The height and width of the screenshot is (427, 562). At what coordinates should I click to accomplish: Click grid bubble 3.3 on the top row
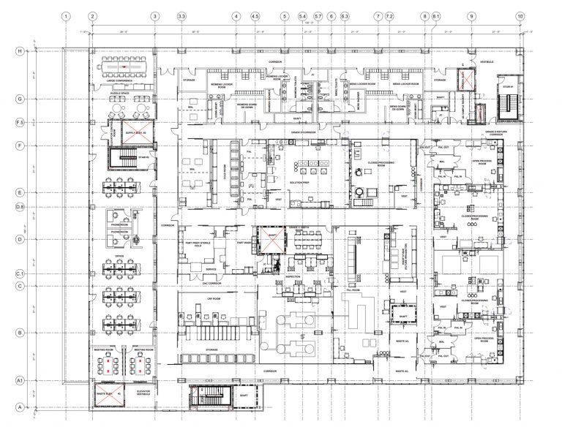pyautogui.click(x=181, y=15)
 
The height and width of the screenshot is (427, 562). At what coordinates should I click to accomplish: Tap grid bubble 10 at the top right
pyautogui.click(x=520, y=15)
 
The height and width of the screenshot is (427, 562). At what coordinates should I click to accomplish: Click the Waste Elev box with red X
pyautogui.click(x=108, y=393)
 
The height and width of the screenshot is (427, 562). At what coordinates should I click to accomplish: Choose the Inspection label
pyautogui.click(x=293, y=277)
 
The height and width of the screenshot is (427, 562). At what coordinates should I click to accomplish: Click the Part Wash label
pyautogui.click(x=236, y=243)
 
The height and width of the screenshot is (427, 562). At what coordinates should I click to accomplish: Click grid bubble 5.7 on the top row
pyautogui.click(x=318, y=15)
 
